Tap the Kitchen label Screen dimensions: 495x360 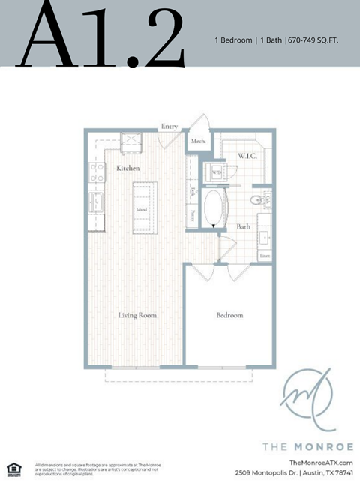click(128, 169)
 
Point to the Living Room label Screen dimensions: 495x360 click(137, 316)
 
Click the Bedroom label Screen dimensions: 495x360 click(229, 316)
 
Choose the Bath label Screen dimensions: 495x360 click(244, 226)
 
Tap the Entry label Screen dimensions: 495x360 click(169, 127)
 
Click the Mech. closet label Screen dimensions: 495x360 click(198, 141)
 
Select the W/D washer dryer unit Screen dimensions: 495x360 click(217, 172)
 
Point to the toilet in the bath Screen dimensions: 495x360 click(256, 199)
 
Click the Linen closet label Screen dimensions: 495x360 click(265, 255)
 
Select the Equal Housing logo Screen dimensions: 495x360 click(13, 469)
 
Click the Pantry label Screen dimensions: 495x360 click(193, 215)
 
